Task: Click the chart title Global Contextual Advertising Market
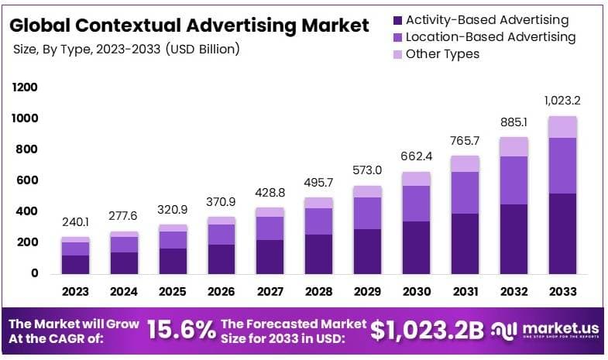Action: (189, 26)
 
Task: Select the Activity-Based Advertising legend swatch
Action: (397, 20)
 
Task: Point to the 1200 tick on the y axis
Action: (25, 87)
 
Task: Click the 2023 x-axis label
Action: (75, 292)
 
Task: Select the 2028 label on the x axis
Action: (318, 292)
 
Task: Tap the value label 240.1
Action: (76, 222)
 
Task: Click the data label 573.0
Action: (367, 170)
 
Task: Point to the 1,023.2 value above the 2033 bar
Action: (562, 100)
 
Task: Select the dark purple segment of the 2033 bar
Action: (562, 233)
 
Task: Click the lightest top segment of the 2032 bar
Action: (514, 146)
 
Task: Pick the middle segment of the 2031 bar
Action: (465, 193)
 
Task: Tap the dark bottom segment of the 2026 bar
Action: (222, 259)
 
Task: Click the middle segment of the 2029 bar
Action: (367, 213)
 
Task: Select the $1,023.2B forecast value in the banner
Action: (427, 331)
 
